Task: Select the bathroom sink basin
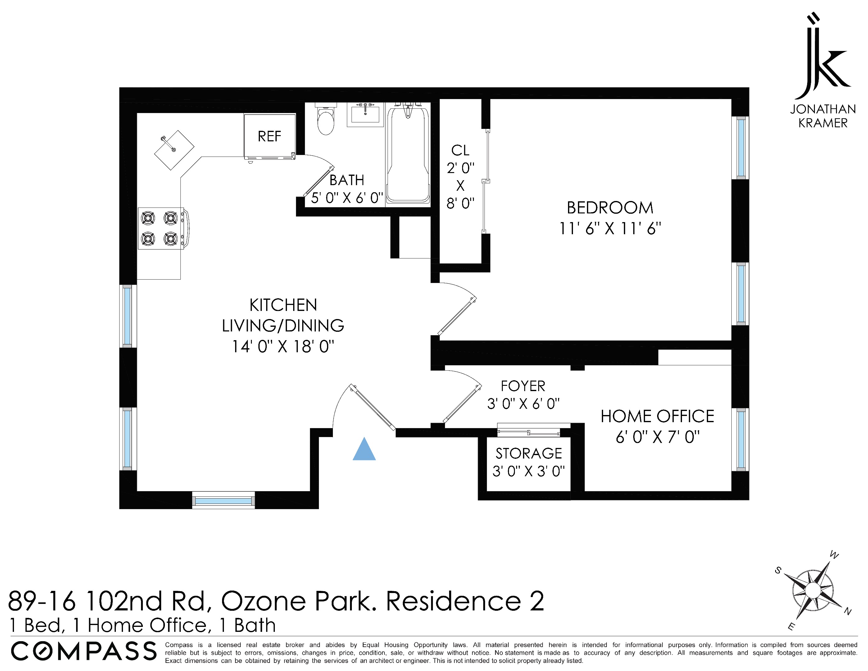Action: tap(365, 115)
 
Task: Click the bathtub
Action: tap(408, 155)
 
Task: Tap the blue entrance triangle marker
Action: tap(364, 450)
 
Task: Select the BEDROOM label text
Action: tap(610, 208)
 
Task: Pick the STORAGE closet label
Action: tap(529, 454)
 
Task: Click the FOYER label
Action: tap(523, 386)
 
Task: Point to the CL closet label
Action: tap(460, 150)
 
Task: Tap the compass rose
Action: tap(813, 590)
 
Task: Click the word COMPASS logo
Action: tap(84, 651)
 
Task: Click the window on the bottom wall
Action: tap(223, 501)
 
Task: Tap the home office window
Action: tap(740, 440)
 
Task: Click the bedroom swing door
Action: tap(457, 314)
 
